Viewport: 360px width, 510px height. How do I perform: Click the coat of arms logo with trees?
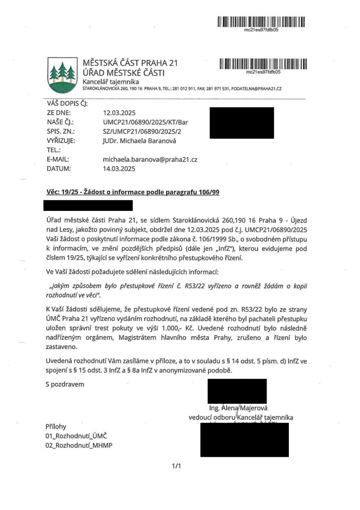[x=62, y=75]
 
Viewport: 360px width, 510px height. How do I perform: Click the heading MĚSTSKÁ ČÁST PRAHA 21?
[x=130, y=63]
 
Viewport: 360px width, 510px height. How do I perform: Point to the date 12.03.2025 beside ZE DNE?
[x=119, y=113]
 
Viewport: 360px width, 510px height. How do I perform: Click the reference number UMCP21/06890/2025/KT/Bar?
[x=145, y=122]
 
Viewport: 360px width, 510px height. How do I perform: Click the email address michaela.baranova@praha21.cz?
[x=150, y=159]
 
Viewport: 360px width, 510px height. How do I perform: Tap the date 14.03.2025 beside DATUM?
[x=119, y=168]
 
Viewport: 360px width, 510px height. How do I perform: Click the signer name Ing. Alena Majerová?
[x=240, y=409]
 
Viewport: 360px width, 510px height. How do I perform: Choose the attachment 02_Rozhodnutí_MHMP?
[x=79, y=445]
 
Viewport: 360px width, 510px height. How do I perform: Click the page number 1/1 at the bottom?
[x=177, y=466]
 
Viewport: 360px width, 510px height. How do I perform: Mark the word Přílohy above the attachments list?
[x=56, y=427]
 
